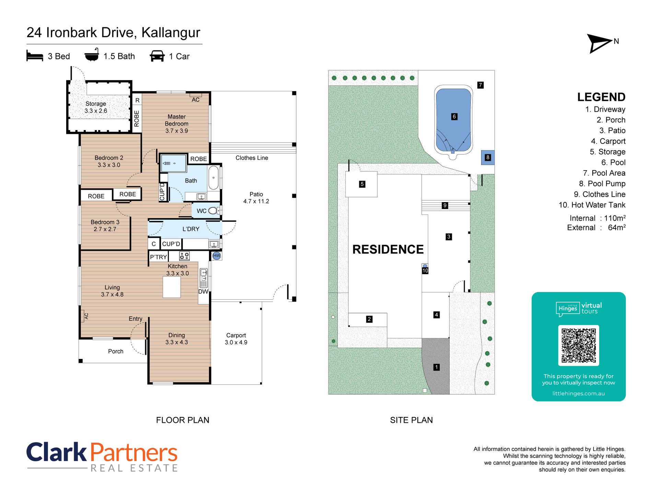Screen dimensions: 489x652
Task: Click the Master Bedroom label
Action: [176, 124]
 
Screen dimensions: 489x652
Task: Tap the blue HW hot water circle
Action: [217, 256]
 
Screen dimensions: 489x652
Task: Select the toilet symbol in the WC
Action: [213, 211]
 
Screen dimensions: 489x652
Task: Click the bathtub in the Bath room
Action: [213, 178]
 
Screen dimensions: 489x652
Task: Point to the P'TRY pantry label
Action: [158, 257]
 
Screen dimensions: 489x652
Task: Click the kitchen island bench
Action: [172, 287]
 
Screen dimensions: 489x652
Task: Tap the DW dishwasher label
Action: [203, 291]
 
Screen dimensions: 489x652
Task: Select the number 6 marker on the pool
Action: [454, 117]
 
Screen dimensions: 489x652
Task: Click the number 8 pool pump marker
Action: [488, 158]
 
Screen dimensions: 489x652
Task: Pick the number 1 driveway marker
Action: [436, 367]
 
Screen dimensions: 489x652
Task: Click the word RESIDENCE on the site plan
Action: [388, 249]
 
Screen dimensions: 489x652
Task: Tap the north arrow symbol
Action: [599, 43]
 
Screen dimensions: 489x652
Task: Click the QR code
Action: [579, 345]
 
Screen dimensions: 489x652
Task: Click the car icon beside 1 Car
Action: [157, 56]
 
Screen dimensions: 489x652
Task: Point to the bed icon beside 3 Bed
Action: [35, 56]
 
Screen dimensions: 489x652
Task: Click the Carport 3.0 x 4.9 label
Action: [236, 339]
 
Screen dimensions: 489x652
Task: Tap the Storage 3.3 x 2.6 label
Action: [96, 107]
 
